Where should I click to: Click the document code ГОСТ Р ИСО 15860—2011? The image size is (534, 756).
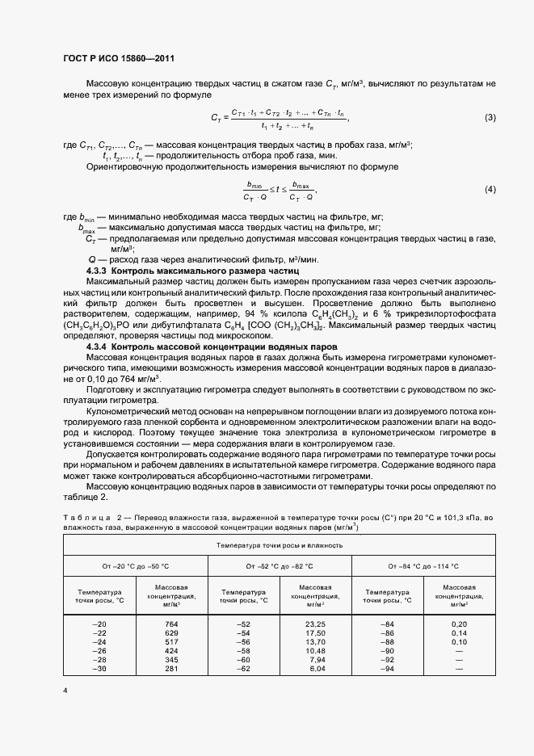click(118, 58)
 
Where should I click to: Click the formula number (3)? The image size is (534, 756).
click(490, 118)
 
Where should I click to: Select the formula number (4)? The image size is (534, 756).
click(490, 189)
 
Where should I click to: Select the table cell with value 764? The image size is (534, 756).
click(171, 624)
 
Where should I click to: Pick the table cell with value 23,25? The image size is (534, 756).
click(315, 624)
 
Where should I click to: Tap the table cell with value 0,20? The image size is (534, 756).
click(459, 624)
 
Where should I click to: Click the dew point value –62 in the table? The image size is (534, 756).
click(242, 670)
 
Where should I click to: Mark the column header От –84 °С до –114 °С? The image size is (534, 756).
click(423, 567)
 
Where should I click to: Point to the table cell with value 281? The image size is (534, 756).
click(171, 670)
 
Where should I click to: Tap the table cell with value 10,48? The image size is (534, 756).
click(315, 651)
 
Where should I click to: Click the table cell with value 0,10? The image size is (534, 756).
click(459, 642)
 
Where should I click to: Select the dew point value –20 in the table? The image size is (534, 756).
click(99, 624)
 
